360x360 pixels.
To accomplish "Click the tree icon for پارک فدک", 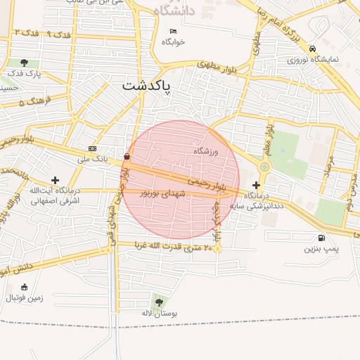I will pos(25,63).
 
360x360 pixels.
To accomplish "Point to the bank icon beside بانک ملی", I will pos(93,148).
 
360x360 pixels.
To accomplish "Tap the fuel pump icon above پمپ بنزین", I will pos(321,238).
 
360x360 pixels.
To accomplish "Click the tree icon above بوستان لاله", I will pos(156,302).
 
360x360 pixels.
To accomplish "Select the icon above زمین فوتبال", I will pos(25,287).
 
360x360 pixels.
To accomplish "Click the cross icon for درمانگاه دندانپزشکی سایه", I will pos(256,184).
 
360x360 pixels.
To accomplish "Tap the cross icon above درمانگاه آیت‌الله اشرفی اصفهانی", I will pos(56,181).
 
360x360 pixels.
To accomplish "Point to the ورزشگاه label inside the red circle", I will pos(206,151).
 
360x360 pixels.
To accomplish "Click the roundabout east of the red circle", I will pos(264,167).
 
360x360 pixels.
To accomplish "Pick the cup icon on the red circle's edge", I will pos(127,156).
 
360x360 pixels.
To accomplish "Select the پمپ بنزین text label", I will pos(321,249).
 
